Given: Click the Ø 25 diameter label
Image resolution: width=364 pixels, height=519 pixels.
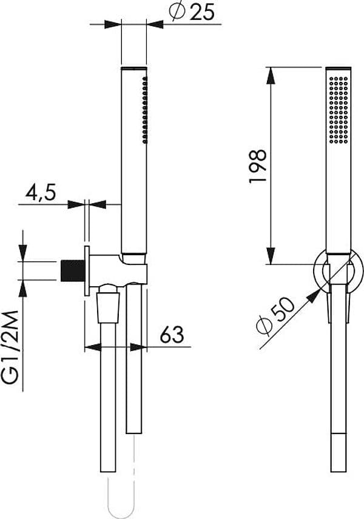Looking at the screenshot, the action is (192, 12).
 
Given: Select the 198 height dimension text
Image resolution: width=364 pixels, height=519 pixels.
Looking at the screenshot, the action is (258, 166).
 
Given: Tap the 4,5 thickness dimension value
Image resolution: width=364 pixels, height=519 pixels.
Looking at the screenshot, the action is (41, 193).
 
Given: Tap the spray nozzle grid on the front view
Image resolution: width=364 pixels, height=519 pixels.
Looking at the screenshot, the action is (339, 110).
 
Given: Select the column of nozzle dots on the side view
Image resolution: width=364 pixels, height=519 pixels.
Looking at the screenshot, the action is (145, 110).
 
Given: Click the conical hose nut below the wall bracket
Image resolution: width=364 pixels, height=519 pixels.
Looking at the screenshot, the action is (108, 307).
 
